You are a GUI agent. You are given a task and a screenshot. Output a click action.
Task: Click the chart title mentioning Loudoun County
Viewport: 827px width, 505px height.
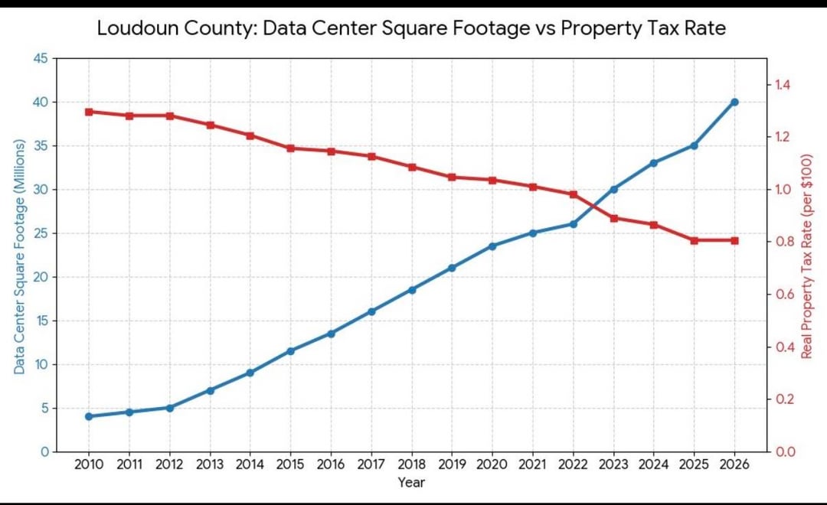[x=411, y=28]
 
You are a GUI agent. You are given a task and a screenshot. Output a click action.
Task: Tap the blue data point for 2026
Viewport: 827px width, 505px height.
[x=734, y=102]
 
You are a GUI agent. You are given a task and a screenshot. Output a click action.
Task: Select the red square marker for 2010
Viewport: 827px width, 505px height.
[x=89, y=112]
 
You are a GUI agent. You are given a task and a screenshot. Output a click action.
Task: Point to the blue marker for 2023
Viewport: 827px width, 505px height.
[x=613, y=189]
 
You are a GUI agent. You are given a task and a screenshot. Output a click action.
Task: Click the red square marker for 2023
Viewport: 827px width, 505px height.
[x=613, y=218]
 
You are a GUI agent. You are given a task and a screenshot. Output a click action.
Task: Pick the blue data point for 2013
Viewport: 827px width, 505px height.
[x=210, y=391]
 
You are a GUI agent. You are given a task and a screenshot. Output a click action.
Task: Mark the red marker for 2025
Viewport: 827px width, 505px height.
[x=694, y=240]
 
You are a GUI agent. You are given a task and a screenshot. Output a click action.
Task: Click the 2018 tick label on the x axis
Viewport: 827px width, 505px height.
[x=412, y=464]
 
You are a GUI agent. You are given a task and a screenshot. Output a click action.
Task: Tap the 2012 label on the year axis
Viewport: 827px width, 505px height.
[x=170, y=464]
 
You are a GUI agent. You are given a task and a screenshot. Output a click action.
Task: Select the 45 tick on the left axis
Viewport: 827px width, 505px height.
[x=41, y=58]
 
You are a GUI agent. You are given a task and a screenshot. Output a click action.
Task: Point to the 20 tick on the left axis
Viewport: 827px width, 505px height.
[x=41, y=277]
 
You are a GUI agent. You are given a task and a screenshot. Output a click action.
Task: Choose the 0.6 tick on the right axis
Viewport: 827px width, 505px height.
[x=783, y=294]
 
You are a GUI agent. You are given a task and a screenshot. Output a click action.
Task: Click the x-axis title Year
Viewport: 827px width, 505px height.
[x=411, y=482]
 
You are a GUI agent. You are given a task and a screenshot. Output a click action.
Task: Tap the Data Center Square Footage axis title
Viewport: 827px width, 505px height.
[x=19, y=257]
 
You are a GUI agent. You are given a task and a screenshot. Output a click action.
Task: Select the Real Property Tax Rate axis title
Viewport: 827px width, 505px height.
[x=806, y=257]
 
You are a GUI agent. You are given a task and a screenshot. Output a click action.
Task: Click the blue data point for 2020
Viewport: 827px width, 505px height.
[x=492, y=246]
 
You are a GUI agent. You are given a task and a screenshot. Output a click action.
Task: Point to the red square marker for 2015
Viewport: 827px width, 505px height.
[x=291, y=148]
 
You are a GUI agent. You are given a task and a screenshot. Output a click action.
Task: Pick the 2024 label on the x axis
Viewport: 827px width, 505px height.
[x=653, y=464]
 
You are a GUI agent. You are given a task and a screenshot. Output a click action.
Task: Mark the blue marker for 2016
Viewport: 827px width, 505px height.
[x=332, y=334]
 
